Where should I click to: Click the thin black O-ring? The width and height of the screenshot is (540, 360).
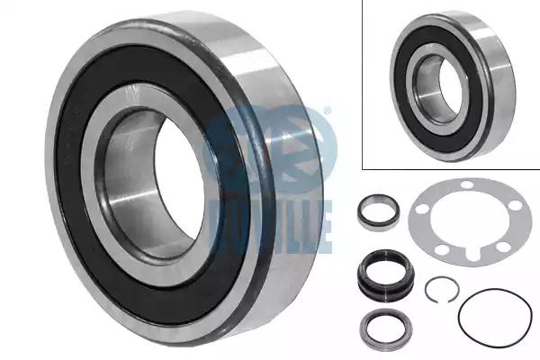coord(459,314)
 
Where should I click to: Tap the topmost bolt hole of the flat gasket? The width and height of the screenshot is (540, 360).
coord(467,184)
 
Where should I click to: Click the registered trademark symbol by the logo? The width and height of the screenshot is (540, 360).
coord(328,111)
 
